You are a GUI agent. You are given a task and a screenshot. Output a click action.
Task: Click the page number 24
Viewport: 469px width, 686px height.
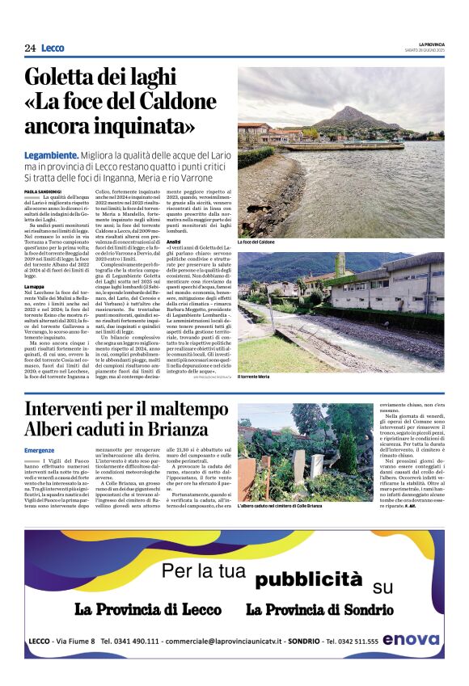pyautogui.click(x=30, y=48)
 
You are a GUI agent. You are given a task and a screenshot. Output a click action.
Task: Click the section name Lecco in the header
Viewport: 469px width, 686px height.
pyautogui.click(x=53, y=48)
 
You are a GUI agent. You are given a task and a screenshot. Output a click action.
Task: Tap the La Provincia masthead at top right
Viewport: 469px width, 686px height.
pyautogui.click(x=431, y=44)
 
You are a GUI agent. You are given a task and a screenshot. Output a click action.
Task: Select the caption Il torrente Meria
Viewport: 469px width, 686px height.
pyautogui.click(x=254, y=377)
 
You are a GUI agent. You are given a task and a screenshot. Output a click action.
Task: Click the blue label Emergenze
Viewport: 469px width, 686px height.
pyautogui.click(x=40, y=449)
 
